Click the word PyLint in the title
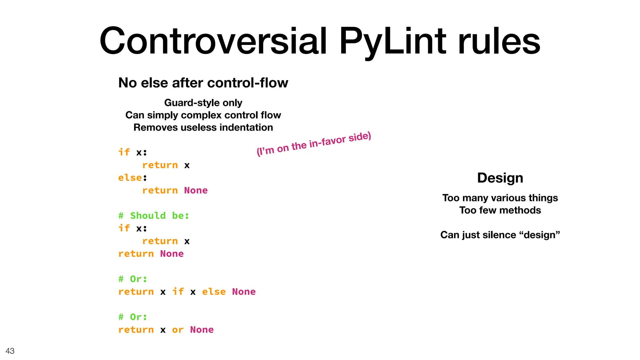[x=392, y=41]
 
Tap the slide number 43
[x=10, y=351]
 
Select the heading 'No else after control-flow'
[x=203, y=83]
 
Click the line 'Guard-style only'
[x=203, y=102]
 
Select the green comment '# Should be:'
[x=154, y=216]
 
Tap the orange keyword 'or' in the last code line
[x=177, y=330]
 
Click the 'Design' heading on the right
[x=500, y=178]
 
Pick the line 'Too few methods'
[x=500, y=210]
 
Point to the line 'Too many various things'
[x=500, y=198]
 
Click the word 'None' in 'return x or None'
[x=202, y=330]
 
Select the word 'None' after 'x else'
[x=244, y=292]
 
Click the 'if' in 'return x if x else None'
[x=178, y=292]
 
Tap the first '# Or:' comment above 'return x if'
[x=133, y=279]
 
